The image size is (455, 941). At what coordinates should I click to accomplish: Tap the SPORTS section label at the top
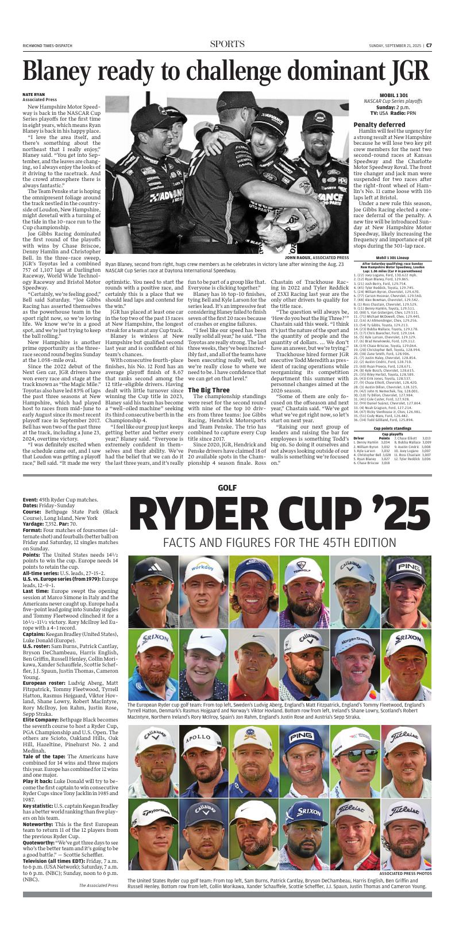pyautogui.click(x=227, y=44)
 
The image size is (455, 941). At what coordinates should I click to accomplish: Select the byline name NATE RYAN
pyautogui.click(x=33, y=94)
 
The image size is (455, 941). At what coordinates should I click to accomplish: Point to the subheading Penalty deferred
pyautogui.click(x=379, y=125)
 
